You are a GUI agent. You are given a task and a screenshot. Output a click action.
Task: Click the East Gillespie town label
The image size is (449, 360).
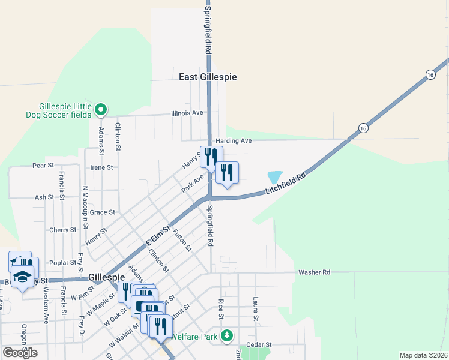pyautogui.click(x=208, y=77)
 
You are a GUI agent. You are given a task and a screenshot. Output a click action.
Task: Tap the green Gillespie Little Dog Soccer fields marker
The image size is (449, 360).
pyautogui.click(x=101, y=109)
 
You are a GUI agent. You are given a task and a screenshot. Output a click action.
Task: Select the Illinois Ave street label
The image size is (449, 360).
pyautogui.click(x=187, y=113)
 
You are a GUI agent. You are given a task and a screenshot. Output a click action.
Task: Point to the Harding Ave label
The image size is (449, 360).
pyautogui.click(x=234, y=140)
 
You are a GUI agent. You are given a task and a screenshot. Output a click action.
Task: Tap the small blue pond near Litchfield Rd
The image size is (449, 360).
pyautogui.click(x=274, y=177)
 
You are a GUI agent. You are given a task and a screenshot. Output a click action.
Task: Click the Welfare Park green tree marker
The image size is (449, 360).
pyautogui.click(x=227, y=335)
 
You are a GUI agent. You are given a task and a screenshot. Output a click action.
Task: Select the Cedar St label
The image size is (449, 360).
pyautogui.click(x=259, y=345)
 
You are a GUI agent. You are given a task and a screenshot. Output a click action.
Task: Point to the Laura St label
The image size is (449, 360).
pyautogui.click(x=256, y=307)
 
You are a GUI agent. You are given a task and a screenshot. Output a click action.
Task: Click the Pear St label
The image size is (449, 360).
pyautogui.click(x=43, y=165)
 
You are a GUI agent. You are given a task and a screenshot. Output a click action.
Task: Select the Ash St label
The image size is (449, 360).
pyautogui.click(x=44, y=197)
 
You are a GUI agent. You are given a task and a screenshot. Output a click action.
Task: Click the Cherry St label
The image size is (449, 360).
pyautogui.click(x=63, y=230)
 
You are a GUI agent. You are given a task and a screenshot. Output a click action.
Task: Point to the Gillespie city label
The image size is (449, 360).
pyautogui.click(x=106, y=278)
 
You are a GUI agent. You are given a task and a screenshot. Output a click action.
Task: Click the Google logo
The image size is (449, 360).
pyautogui.click(x=20, y=353)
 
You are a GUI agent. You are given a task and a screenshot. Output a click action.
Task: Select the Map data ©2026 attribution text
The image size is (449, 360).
pyautogui.click(x=423, y=355)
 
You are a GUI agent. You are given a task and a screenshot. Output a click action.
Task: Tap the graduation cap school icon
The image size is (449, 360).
pyautogui.click(x=22, y=277)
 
